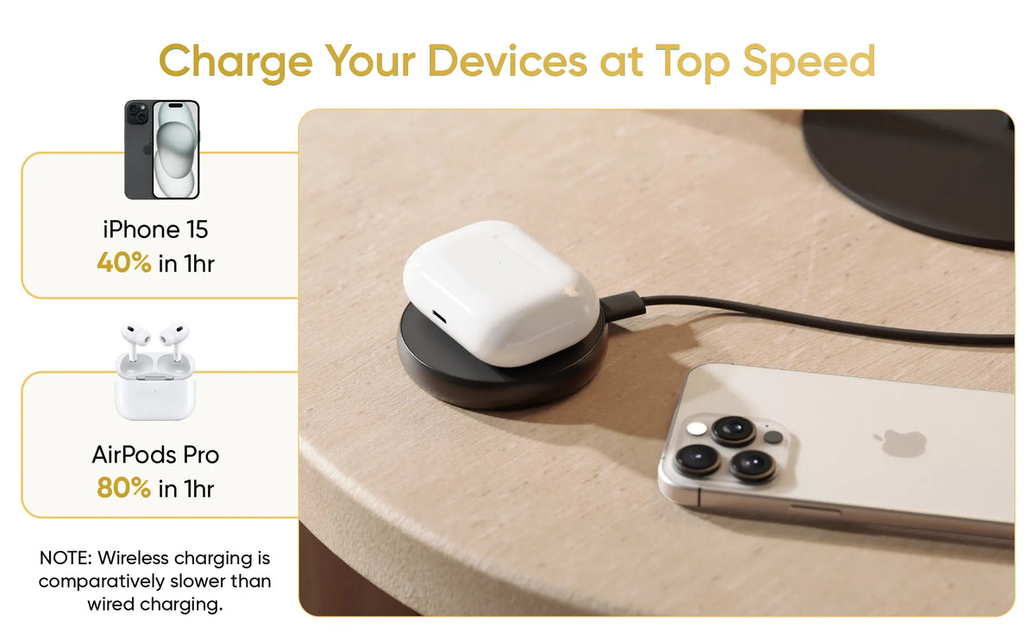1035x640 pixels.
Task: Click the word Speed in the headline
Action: click(809, 62)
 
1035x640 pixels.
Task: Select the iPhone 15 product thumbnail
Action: click(162, 150)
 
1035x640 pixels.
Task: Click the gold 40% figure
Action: click(124, 263)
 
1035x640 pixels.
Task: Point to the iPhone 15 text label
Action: click(155, 229)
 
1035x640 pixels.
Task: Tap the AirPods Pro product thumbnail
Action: click(154, 372)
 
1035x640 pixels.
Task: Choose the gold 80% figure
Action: click(124, 488)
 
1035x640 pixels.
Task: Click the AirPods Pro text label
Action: click(155, 455)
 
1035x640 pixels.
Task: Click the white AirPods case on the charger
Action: click(501, 292)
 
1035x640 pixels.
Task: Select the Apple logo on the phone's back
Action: click(900, 442)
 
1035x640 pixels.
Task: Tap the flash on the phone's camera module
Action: click(696, 429)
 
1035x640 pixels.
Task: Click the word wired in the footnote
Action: click(111, 604)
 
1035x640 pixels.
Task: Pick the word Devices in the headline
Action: click(508, 62)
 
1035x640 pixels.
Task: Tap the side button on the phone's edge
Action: click(816, 509)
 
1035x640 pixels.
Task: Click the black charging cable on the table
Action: click(827, 319)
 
